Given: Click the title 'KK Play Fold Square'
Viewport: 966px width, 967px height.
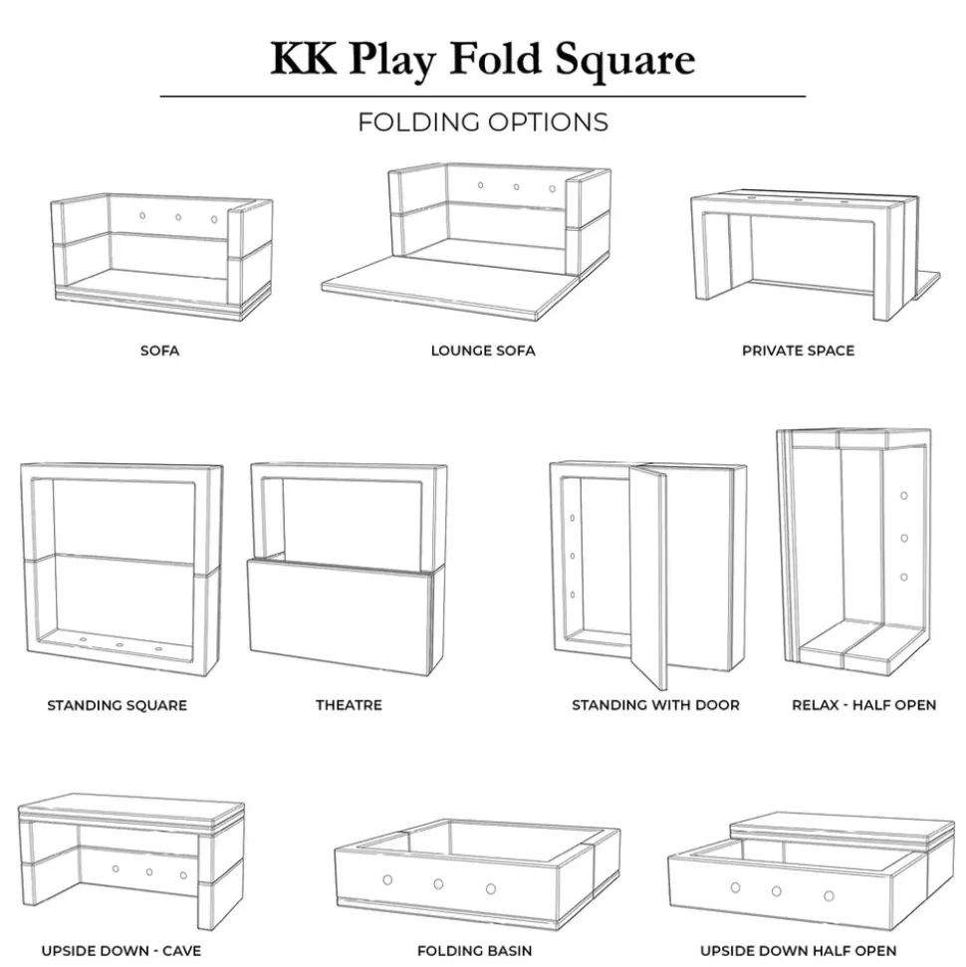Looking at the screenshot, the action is (483, 60).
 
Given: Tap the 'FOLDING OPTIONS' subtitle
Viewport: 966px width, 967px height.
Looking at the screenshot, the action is (483, 122).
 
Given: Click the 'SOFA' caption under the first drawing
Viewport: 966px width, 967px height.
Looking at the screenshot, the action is (159, 351).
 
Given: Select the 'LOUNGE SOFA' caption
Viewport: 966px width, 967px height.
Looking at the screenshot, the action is (483, 351).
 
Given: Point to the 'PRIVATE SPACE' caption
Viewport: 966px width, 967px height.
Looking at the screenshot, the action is (799, 351).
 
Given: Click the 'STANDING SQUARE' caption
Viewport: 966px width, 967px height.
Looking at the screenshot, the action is (118, 705).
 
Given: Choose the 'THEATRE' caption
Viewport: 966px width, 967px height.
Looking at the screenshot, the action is (350, 705).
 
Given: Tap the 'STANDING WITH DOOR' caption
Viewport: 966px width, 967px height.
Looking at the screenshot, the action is (655, 705).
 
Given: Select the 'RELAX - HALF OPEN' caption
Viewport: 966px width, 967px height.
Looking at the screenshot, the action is (864, 705).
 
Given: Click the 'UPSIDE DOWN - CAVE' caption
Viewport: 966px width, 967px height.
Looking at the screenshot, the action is (121, 951).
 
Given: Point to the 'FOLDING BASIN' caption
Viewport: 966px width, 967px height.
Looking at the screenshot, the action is (474, 951).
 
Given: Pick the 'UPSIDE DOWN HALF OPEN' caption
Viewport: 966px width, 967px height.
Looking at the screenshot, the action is (799, 951).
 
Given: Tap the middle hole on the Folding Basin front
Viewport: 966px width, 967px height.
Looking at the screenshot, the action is (438, 884).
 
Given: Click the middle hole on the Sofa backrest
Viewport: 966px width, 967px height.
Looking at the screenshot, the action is (178, 218).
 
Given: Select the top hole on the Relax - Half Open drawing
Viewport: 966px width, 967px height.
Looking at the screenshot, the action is (903, 496).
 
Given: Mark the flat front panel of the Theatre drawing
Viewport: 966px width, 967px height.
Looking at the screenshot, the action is (340, 616).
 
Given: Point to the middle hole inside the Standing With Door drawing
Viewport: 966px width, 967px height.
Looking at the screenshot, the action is (573, 557).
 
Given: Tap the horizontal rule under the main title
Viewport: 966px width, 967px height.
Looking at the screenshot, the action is (483, 97).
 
